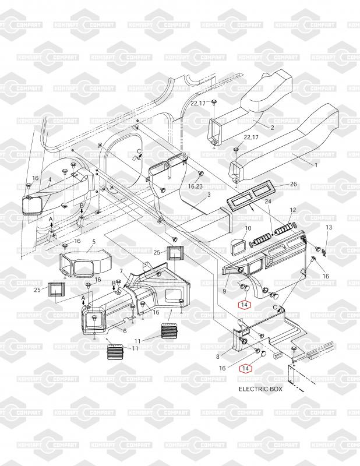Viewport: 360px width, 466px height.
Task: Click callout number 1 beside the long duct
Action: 316,165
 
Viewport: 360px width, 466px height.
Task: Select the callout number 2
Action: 272,126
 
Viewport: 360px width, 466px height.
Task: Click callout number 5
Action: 93,241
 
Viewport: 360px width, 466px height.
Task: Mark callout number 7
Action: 121,271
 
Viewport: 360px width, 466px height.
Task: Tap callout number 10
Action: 248,228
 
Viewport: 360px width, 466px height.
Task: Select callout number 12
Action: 293,210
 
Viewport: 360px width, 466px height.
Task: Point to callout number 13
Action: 329,227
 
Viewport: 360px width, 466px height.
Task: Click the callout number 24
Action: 268,201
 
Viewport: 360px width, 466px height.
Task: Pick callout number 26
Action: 294,184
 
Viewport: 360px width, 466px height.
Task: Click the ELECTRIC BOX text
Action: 260,389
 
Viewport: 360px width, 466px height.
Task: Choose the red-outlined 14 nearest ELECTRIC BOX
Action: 245,368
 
